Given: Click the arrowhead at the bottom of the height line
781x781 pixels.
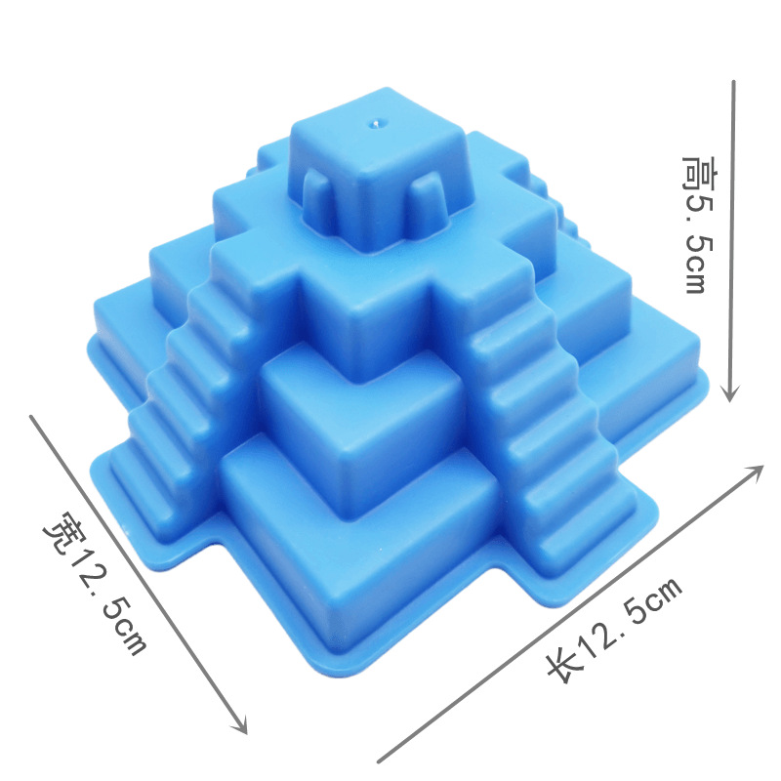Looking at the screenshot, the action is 730,393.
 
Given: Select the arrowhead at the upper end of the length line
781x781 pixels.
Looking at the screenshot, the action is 756,471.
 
